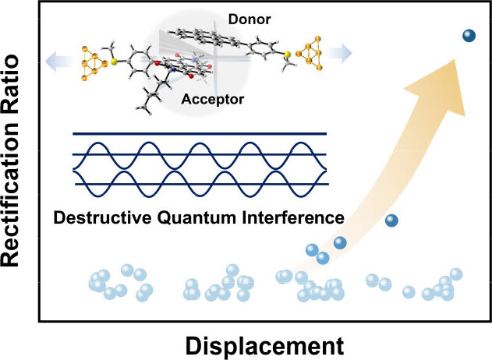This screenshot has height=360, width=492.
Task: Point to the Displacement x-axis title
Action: click(265, 343)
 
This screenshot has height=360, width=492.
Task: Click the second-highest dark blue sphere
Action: click(393, 221)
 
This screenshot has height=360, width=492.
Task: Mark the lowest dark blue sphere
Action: click(322, 258)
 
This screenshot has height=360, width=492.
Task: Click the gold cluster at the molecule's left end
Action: click(91, 58)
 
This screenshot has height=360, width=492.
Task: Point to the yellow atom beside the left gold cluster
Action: click(114, 59)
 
